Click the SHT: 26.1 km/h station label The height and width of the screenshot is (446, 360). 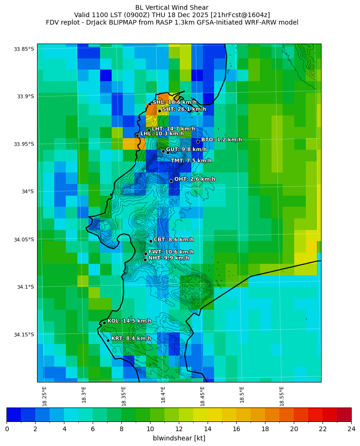tap(184, 109)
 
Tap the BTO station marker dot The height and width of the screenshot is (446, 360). tap(198, 141)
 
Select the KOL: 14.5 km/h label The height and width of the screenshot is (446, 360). tap(129, 321)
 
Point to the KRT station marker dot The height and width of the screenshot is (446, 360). tap(108, 340)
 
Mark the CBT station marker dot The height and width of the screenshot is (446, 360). tap(151, 241)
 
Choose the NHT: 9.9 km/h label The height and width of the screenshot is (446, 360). tap(169, 258)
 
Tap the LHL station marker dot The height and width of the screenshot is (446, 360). tap(137, 135)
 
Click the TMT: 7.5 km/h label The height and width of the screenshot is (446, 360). tap(191, 161)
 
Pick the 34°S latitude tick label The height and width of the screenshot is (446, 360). tap(26, 191)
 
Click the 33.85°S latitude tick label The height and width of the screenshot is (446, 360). tap(24, 49)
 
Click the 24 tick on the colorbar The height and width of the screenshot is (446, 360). tap(351, 429)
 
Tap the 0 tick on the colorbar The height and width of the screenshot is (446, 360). tap(7, 429)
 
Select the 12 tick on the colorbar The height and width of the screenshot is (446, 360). tap(179, 429)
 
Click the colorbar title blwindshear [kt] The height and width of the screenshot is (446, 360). tap(179, 438)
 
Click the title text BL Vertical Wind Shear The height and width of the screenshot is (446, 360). tap(172, 7)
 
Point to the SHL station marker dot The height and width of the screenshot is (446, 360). tap(150, 104)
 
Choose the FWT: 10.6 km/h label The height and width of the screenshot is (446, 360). tap(171, 252)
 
